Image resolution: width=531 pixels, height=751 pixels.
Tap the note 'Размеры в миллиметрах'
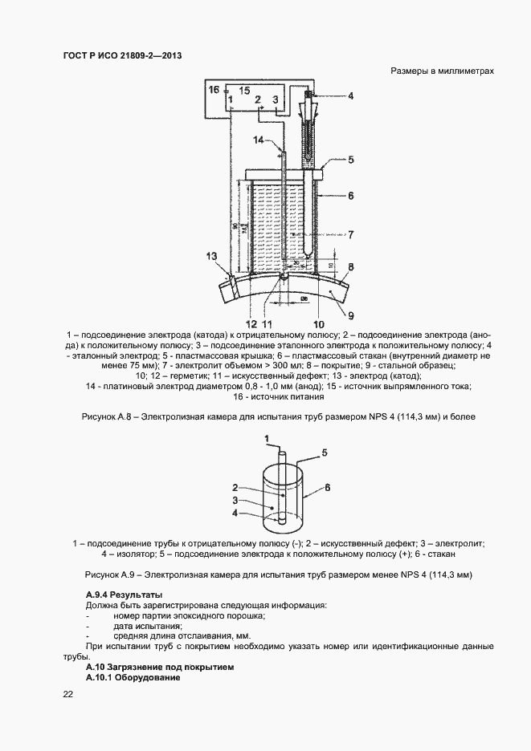click(x=442, y=71)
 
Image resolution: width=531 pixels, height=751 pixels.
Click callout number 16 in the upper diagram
click(x=214, y=90)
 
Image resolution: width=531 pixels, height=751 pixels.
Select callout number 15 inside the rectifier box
click(x=244, y=90)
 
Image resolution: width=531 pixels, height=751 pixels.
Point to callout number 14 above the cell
click(x=259, y=140)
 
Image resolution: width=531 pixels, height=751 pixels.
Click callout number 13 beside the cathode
click(x=211, y=256)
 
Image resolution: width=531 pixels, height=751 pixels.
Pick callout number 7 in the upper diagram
click(x=349, y=234)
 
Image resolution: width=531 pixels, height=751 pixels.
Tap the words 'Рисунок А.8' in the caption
click(x=105, y=417)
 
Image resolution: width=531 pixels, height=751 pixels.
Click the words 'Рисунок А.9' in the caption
click(x=108, y=575)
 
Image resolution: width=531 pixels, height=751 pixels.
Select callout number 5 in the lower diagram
click(x=325, y=453)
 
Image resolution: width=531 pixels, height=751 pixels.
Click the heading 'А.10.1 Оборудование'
click(x=133, y=678)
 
